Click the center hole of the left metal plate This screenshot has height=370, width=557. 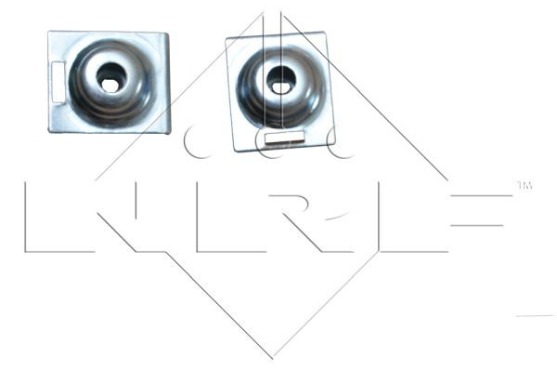[x=110, y=78]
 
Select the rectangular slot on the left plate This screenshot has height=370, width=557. [x=57, y=80]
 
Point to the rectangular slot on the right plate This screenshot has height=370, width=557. [x=284, y=138]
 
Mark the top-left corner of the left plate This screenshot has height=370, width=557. [x=50, y=33]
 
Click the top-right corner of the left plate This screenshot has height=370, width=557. [x=168, y=33]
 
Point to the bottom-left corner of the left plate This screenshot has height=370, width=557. [x=50, y=129]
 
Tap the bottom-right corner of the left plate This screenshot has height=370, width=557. [x=169, y=132]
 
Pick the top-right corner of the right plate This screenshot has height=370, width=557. [x=325, y=33]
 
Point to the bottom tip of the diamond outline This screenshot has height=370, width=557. [x=273, y=358]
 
